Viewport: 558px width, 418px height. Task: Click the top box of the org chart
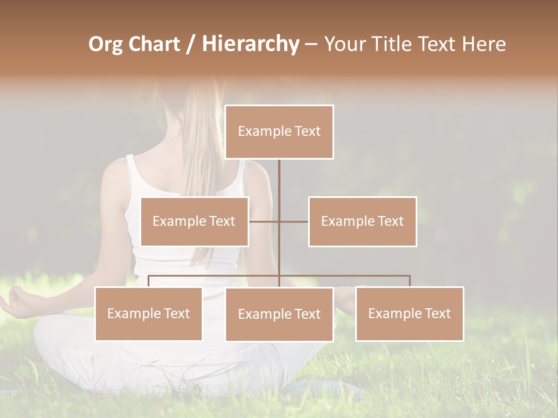click(x=279, y=132)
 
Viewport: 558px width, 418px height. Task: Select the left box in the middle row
click(x=194, y=221)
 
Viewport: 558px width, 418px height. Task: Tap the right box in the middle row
click(x=362, y=221)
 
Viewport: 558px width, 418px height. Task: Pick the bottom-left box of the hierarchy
click(x=148, y=313)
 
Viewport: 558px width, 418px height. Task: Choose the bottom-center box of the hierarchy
click(x=279, y=314)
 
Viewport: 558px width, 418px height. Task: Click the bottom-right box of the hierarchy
click(x=409, y=313)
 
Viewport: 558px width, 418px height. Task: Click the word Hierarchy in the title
click(x=251, y=44)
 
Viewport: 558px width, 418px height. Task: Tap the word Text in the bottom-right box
click(x=437, y=313)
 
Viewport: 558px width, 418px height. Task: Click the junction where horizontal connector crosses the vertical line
click(x=279, y=221)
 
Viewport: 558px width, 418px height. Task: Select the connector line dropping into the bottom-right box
click(x=410, y=281)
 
